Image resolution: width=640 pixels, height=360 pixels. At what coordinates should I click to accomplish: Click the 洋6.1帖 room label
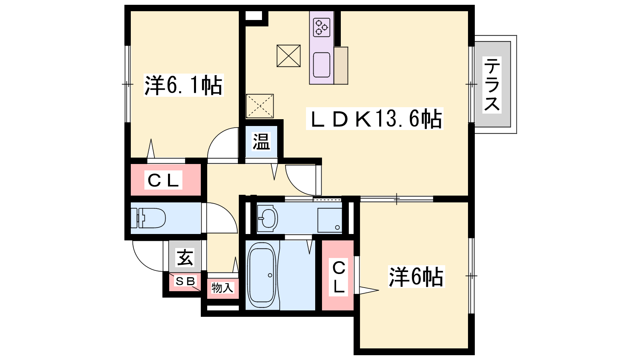184,85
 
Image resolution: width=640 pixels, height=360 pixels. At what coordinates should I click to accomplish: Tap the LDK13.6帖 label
374,118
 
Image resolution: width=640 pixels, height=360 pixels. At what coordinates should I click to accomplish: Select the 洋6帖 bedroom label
416,276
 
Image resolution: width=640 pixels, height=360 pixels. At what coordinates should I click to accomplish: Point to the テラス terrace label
492,85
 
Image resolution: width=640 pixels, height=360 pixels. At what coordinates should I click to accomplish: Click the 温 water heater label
261,142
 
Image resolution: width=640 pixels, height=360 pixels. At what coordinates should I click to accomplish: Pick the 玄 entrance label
184,258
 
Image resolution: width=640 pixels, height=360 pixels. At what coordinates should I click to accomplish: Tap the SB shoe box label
185,281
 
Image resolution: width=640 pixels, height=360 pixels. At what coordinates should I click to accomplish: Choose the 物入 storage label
222,288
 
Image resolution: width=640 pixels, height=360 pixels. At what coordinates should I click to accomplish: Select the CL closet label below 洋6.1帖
163,180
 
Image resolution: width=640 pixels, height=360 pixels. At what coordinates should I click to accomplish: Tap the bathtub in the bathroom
262,275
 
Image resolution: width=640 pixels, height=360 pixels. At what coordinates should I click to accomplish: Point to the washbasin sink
267,218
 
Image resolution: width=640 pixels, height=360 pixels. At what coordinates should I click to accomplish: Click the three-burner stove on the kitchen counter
322,28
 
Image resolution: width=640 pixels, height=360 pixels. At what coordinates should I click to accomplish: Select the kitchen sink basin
322,65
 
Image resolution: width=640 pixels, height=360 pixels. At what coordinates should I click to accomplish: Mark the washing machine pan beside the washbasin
330,220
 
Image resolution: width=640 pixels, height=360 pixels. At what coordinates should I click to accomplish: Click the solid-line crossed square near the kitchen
288,56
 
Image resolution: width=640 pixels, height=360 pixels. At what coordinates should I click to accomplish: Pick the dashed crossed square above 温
260,106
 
